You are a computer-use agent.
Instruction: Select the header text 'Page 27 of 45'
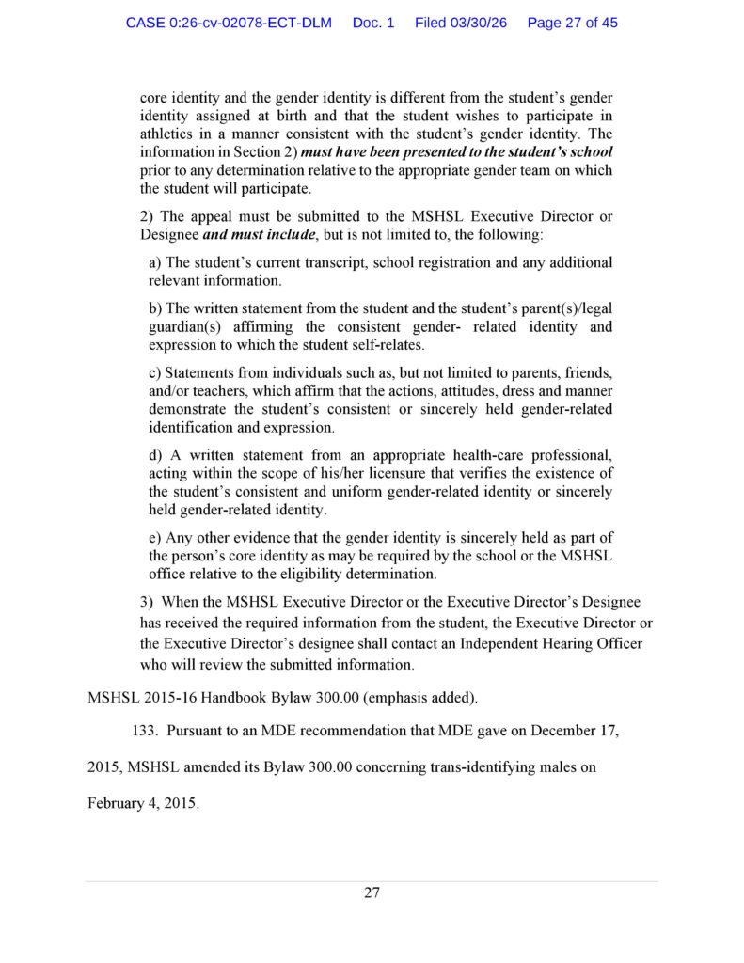(573, 22)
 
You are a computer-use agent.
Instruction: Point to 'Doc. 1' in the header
(373, 22)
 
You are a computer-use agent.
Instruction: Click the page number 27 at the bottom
(372, 892)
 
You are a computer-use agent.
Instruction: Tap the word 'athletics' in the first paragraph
(170, 134)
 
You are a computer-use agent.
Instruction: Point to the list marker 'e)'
(155, 537)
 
